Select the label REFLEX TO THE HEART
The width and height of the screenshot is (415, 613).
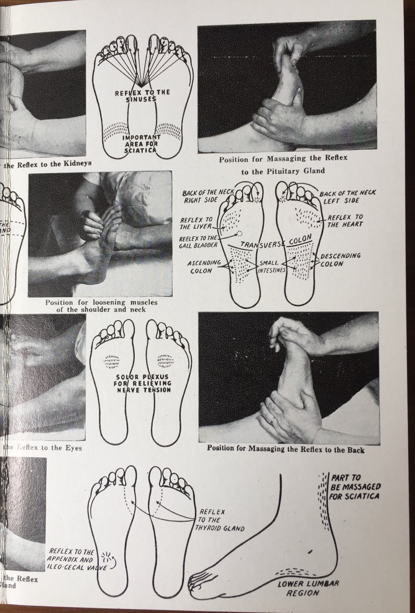point(345,220)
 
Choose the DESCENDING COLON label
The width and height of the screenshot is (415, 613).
point(340,260)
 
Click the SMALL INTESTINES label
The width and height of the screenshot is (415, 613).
point(269,266)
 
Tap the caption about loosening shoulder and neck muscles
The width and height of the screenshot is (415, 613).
point(101,306)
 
